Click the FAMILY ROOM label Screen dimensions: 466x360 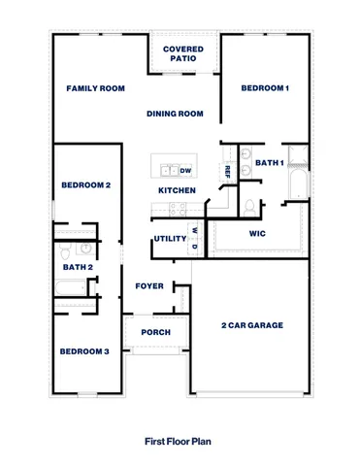pyautogui.click(x=96, y=88)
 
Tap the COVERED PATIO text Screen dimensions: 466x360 pyautogui.click(x=182, y=53)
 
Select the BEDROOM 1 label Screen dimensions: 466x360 pyautogui.click(x=265, y=88)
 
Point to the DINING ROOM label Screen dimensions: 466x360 pyautogui.click(x=175, y=114)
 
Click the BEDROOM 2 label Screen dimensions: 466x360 pyautogui.click(x=85, y=184)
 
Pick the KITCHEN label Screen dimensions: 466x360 pyautogui.click(x=177, y=190)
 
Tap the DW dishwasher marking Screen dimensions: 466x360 pyautogui.click(x=185, y=170)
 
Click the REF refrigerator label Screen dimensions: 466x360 pyautogui.click(x=227, y=171)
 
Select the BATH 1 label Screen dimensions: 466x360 pyautogui.click(x=269, y=163)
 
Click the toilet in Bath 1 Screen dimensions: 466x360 pyautogui.click(x=250, y=206)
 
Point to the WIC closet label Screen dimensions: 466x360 pyautogui.click(x=257, y=234)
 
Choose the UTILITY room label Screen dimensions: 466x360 pyautogui.click(x=169, y=239)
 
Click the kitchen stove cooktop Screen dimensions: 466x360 pyautogui.click(x=180, y=208)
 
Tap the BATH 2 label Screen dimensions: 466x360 pyautogui.click(x=78, y=267)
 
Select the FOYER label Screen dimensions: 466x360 pyautogui.click(x=149, y=286)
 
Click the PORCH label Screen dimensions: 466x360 pyautogui.click(x=155, y=332)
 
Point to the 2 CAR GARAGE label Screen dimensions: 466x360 pyautogui.click(x=252, y=325)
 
